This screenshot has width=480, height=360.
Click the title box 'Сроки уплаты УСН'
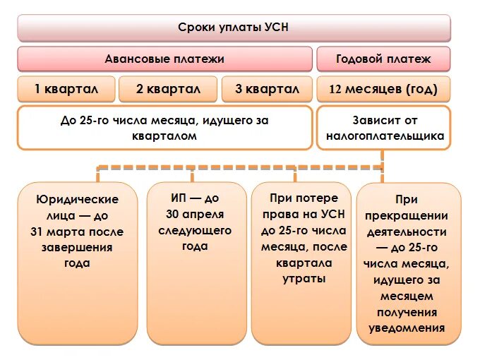point(234,28)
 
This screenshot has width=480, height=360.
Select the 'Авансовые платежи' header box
point(164,59)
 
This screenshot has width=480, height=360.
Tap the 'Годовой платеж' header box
point(383,59)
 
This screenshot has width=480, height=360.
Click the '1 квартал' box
point(66,90)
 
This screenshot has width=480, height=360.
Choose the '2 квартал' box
point(167,90)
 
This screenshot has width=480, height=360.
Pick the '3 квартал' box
point(267,90)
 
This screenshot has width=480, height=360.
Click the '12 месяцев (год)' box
point(383,90)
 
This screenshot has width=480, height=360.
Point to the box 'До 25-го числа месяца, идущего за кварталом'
point(164,128)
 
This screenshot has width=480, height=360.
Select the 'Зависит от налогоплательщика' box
point(383,128)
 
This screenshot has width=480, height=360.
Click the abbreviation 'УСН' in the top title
point(277,28)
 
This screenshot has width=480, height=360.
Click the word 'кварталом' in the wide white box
point(164,136)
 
